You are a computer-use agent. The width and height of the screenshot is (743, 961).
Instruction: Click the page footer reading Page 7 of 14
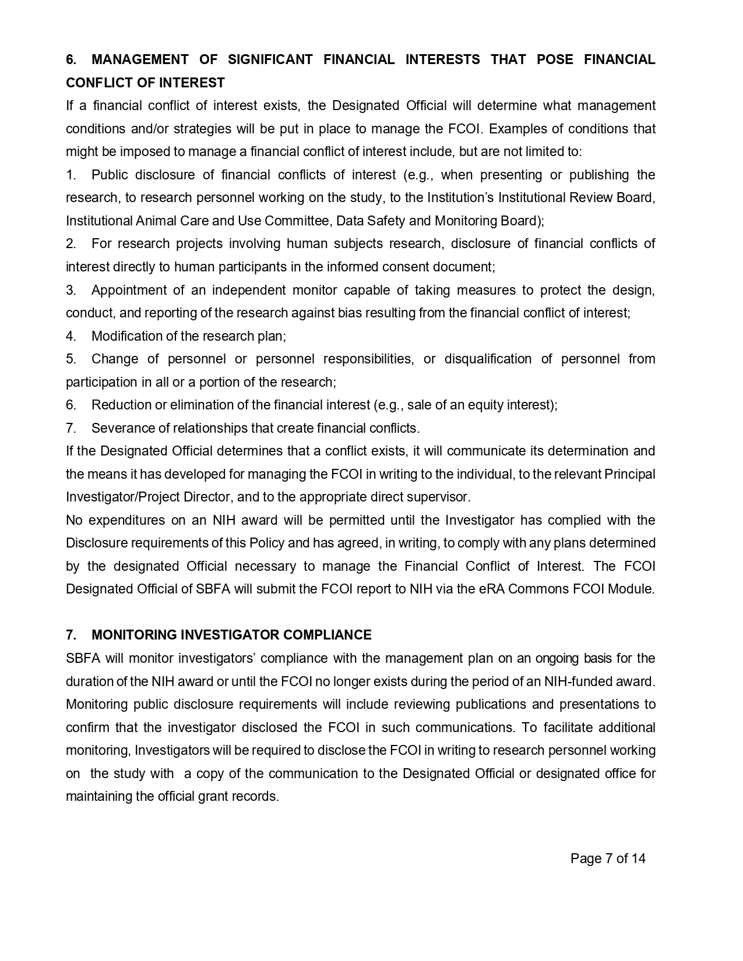608,858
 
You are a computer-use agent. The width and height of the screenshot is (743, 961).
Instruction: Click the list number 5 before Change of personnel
71,359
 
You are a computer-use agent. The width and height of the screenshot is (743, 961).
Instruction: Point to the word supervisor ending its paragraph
442,497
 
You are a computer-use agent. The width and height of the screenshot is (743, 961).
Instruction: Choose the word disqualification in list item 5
488,359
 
